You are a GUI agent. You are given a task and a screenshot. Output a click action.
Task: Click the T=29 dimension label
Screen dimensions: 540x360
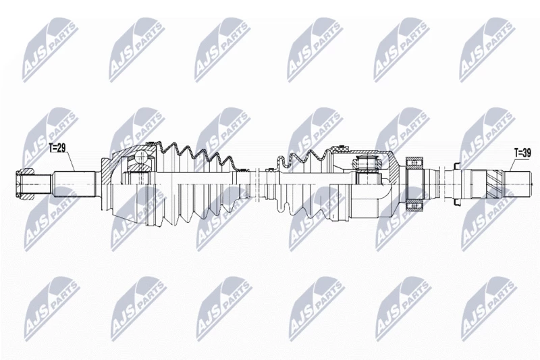[x=57, y=148]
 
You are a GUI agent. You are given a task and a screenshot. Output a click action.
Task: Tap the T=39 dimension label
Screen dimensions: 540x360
[x=522, y=153]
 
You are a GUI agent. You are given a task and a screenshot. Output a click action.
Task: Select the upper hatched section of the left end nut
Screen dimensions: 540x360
[x=25, y=171]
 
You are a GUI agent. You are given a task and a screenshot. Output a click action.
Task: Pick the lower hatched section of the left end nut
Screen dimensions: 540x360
[x=25, y=197]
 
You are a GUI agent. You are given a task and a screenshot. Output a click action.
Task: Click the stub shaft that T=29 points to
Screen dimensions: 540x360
[x=74, y=184]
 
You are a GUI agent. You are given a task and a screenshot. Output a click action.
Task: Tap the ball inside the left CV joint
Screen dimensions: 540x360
[x=141, y=157]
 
